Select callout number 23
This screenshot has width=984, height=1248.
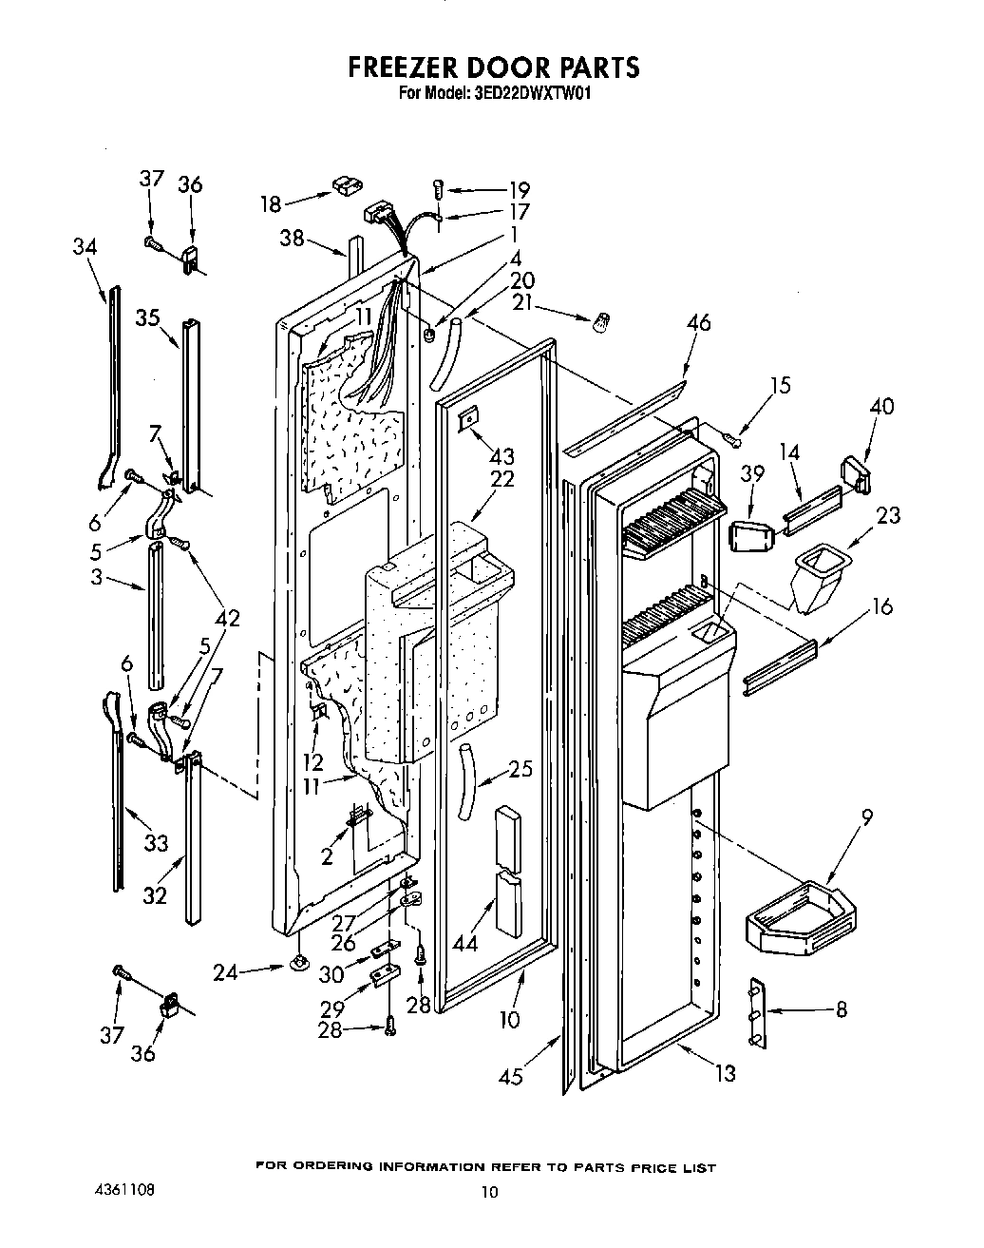(x=888, y=516)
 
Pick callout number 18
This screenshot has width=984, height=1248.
(x=271, y=204)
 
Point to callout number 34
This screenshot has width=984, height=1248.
(x=85, y=246)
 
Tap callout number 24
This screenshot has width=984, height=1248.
(x=225, y=971)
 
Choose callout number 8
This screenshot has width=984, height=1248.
(x=841, y=1009)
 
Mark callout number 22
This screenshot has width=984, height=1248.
(x=501, y=479)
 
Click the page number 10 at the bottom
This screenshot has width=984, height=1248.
(x=488, y=1193)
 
